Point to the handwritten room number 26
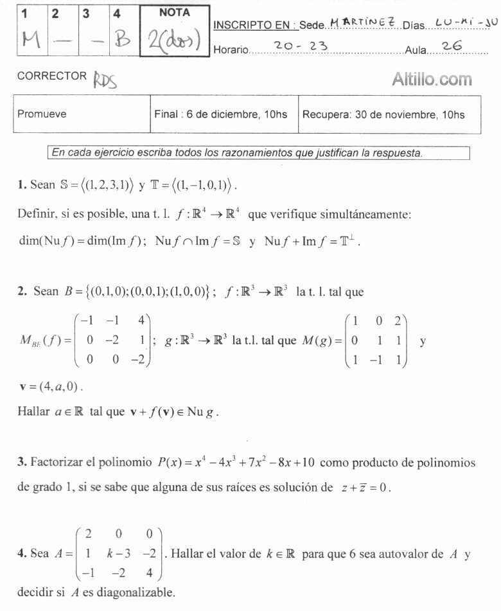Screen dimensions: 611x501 (x=453, y=46)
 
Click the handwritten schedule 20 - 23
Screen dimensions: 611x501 (x=300, y=46)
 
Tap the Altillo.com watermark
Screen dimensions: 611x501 (x=432, y=80)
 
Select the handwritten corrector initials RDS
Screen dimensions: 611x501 (x=106, y=80)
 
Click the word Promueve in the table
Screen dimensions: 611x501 (x=42, y=114)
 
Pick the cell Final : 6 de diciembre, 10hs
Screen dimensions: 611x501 (x=221, y=114)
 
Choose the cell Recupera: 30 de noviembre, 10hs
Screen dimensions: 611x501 (x=383, y=114)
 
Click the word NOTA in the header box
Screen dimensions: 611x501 (x=174, y=12)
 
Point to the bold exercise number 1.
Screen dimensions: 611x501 (x=22, y=185)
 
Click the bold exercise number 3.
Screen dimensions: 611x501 (x=22, y=462)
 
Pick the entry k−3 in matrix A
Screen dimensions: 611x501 (x=116, y=553)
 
